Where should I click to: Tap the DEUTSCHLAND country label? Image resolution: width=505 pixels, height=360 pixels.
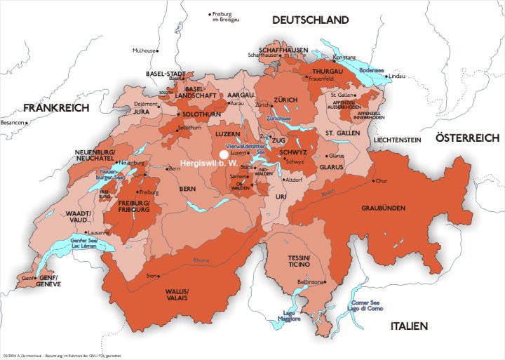(311, 20)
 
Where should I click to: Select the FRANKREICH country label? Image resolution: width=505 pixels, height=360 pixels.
(56, 108)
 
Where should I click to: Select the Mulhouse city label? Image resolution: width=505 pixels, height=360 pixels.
(146, 51)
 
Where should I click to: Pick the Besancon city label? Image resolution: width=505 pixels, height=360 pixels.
(13, 122)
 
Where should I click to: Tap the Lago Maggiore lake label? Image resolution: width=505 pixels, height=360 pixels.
(292, 315)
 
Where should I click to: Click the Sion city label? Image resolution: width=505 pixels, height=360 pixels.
(151, 276)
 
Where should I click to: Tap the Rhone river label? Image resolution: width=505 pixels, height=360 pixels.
(201, 260)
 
